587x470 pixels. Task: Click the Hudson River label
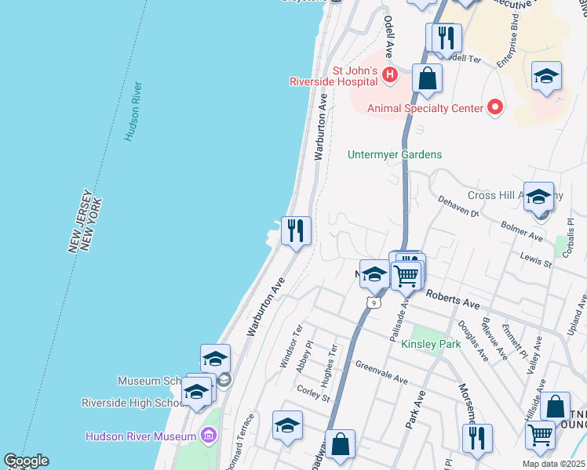[133, 111]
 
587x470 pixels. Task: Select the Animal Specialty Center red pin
[494, 107]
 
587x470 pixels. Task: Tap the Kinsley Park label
[431, 344]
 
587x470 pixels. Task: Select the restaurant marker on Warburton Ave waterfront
[297, 231]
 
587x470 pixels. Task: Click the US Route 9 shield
[374, 301]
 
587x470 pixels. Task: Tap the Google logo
[26, 461]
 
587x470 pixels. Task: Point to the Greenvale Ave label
[381, 373]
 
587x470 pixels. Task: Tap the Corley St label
[313, 392]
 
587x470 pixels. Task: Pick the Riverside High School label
[130, 403]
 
